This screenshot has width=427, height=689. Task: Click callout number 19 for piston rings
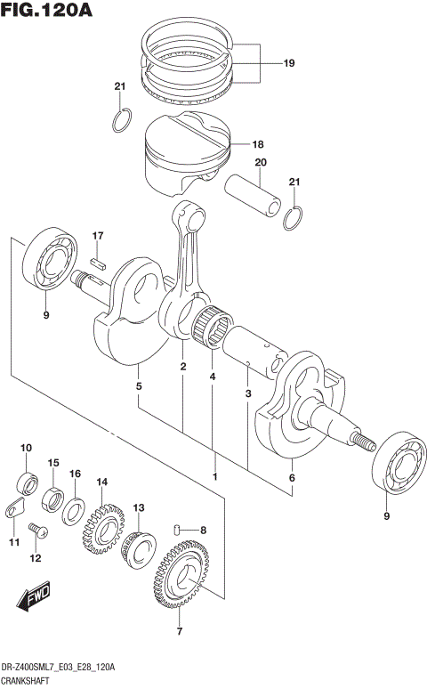[288, 63]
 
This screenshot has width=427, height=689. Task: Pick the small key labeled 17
[100, 262]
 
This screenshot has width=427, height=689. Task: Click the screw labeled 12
[36, 531]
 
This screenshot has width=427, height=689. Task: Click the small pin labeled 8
[181, 531]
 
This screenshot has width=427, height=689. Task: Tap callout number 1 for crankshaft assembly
[214, 476]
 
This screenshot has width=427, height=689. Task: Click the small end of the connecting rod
[188, 215]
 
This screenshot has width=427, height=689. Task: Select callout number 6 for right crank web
[291, 478]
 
